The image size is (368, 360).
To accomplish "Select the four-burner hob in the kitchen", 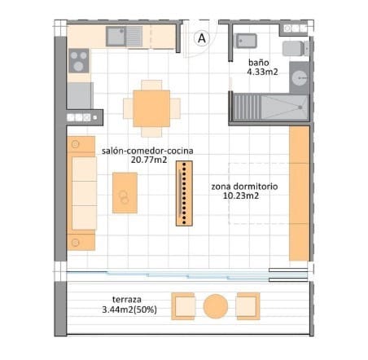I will coord(79,61).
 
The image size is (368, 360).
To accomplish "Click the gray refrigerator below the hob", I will coord(80,96).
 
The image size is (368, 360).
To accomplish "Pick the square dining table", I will coord(147,108).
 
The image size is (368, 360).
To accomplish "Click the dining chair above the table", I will coord(151,85).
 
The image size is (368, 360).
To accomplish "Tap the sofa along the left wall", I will coord(84,192).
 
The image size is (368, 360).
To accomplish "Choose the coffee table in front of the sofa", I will coord(125,193).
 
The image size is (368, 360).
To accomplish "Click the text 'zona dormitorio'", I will coord(244,187).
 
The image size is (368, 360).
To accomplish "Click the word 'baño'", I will coord(260,61).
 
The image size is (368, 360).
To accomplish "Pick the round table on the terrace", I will coord(216,306).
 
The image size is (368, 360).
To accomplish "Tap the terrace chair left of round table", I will coord(184,306).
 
